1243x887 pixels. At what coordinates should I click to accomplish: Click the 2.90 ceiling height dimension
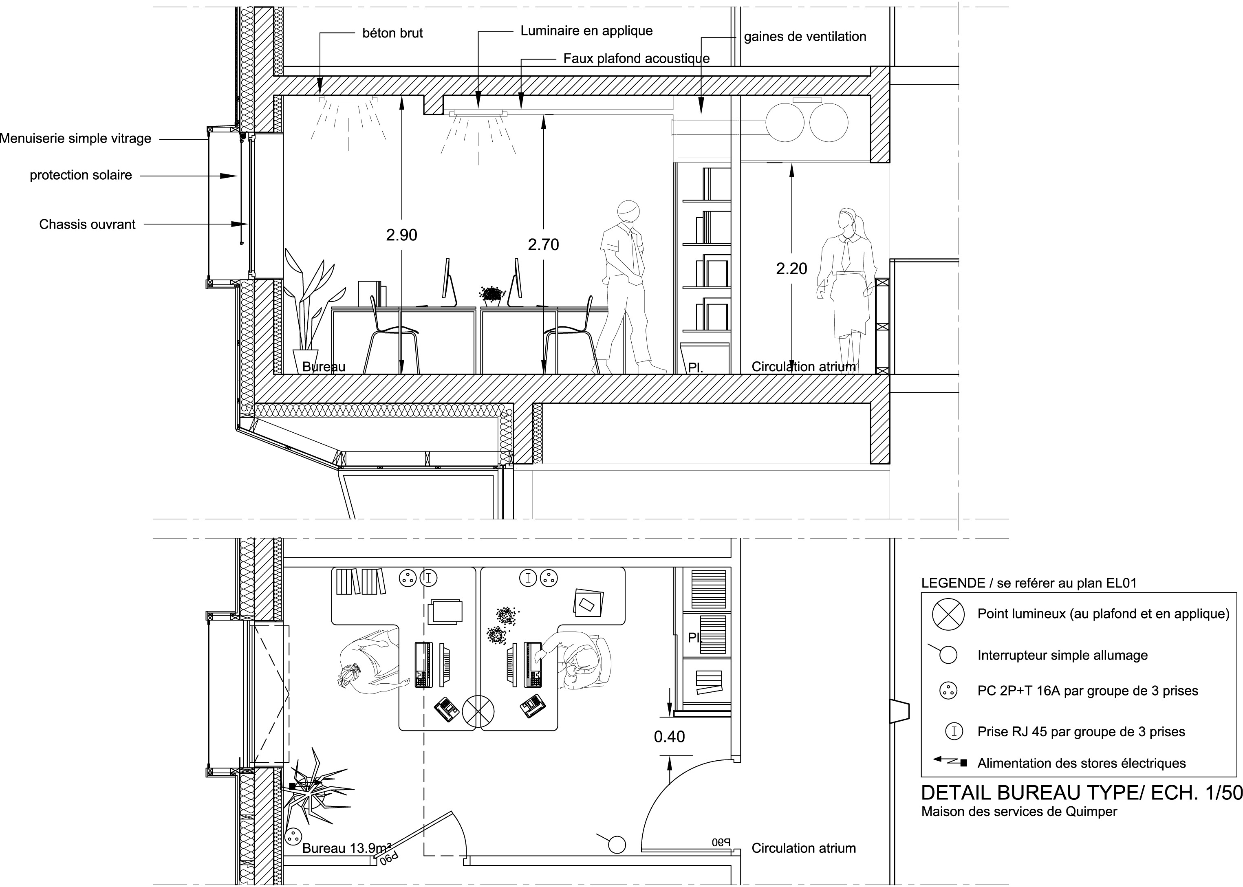[x=401, y=235]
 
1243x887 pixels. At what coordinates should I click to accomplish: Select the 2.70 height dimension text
[x=543, y=245]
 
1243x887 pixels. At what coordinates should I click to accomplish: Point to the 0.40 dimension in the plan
[x=669, y=737]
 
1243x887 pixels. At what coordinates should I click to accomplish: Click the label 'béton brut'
[x=392, y=33]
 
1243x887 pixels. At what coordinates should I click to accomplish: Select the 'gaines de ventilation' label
[x=805, y=37]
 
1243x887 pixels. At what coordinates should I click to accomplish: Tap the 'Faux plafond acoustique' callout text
[x=636, y=58]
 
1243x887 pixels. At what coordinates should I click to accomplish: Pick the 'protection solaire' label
[x=81, y=175]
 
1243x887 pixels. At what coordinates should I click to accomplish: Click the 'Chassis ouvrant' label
[x=87, y=225]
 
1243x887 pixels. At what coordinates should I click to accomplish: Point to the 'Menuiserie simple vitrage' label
[x=75, y=139]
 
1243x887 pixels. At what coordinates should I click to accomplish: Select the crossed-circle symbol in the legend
[x=948, y=614]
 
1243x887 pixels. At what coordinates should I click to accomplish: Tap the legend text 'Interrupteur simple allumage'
[x=1062, y=656]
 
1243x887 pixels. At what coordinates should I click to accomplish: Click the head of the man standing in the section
[x=628, y=211]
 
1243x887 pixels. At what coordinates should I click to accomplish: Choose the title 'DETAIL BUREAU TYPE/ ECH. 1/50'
[x=1081, y=793]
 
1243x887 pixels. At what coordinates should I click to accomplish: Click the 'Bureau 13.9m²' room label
[x=346, y=848]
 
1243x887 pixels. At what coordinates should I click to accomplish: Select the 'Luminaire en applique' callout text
[x=586, y=31]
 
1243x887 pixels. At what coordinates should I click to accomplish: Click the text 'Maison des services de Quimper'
[x=1019, y=812]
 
